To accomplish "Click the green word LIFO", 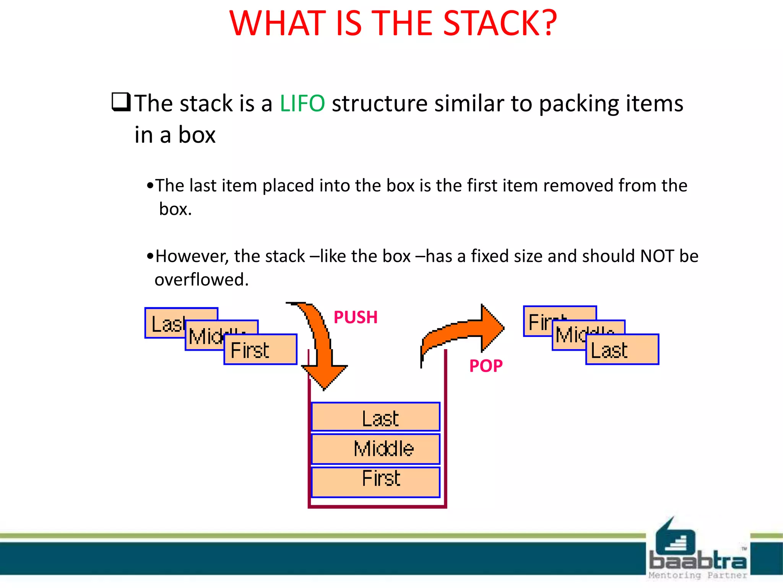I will click(302, 103).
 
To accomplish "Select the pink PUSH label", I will click(356, 317).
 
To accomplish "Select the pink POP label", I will click(486, 366).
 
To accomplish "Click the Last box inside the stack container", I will click(376, 417).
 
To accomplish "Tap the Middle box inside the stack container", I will click(376, 449).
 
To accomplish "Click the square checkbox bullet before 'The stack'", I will click(121, 102).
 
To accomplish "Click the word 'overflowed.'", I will click(201, 280).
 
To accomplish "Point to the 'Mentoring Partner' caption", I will click(698, 575).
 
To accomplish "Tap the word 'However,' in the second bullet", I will click(192, 256).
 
